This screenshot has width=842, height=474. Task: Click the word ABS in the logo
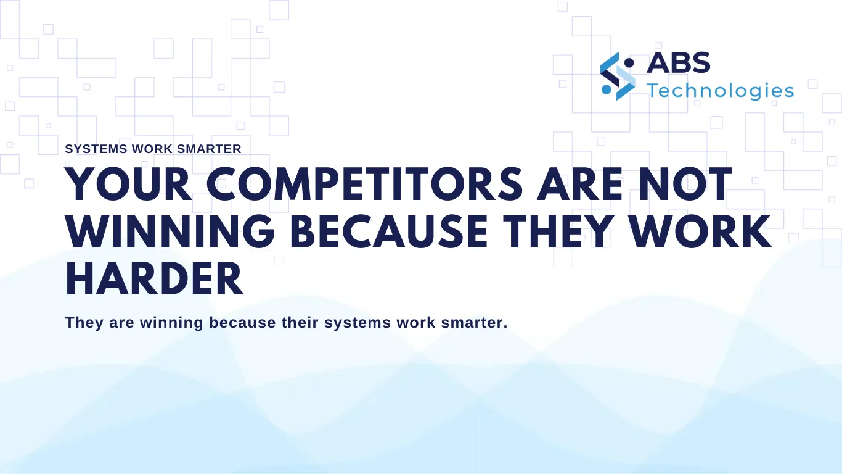pos(679,62)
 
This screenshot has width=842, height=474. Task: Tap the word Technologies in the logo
pos(720,91)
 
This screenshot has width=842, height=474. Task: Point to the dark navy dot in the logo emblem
pos(629,62)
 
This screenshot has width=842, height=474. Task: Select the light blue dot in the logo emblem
pos(606,89)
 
